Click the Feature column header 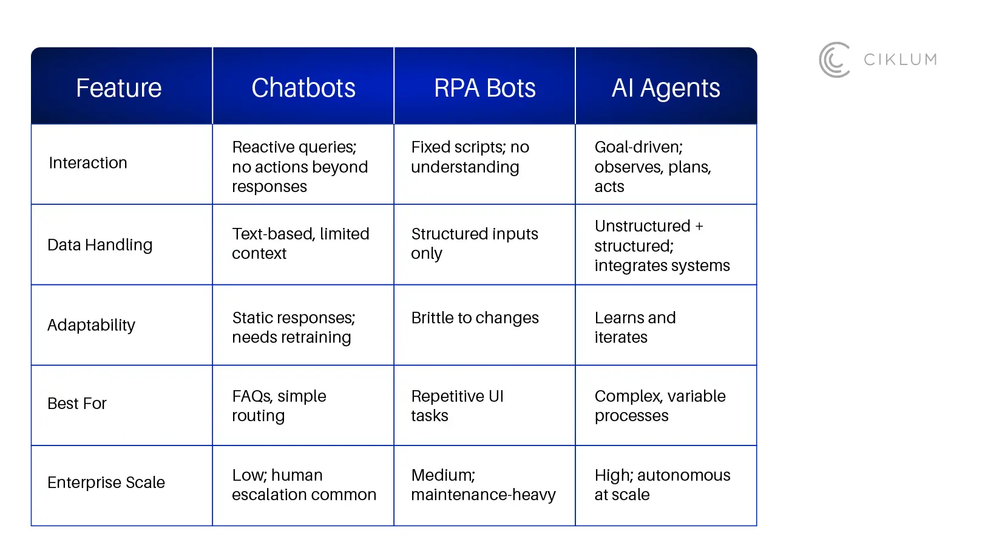(119, 88)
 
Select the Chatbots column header (303, 88)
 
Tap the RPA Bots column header (485, 88)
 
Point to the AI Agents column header (666, 88)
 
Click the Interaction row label (88, 163)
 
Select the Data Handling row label (100, 245)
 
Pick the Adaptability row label (91, 325)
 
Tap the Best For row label (77, 404)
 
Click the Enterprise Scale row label (106, 483)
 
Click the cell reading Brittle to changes (475, 318)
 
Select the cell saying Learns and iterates (635, 328)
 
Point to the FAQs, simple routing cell (279, 406)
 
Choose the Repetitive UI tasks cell (457, 406)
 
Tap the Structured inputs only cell (474, 243)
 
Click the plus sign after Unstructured (699, 226)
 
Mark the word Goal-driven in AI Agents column (638, 147)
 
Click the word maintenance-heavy (483, 495)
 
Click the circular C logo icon (835, 60)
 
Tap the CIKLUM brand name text (900, 60)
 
